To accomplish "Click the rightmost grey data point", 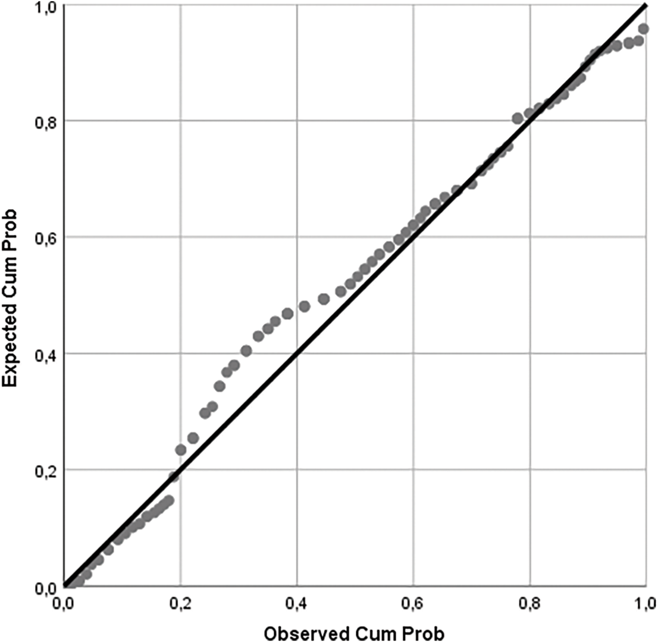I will click(643, 29).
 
